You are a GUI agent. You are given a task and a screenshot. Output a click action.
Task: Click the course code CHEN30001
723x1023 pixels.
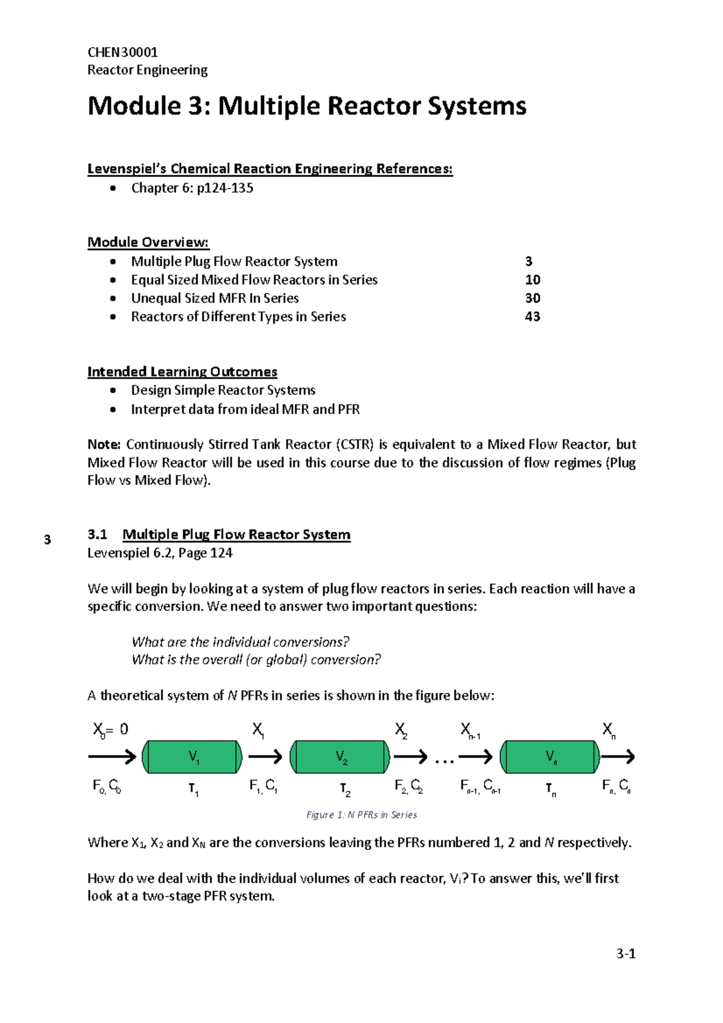(122, 52)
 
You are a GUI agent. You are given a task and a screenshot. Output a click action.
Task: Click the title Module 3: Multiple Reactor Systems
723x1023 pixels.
(307, 106)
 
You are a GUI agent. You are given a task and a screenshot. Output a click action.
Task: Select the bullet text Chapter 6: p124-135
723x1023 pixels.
(192, 188)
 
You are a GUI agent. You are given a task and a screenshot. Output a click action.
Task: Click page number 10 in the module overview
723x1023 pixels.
(532, 280)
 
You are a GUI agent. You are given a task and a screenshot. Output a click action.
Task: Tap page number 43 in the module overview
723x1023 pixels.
(532, 316)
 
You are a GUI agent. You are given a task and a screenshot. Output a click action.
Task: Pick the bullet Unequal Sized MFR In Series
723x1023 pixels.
(214, 298)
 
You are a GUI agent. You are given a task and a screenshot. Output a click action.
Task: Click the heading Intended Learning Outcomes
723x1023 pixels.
(182, 372)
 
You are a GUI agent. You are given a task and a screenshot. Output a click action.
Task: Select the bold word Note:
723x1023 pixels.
(104, 445)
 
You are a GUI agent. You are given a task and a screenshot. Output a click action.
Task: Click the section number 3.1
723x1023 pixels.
(97, 534)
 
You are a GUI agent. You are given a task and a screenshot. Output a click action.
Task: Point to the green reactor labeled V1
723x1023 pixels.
(192, 757)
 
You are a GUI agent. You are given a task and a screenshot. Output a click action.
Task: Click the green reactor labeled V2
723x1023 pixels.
(340, 757)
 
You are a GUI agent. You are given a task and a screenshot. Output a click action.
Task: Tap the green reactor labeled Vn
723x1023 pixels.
(551, 757)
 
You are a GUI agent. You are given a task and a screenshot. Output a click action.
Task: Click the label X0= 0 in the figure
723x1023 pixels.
(110, 730)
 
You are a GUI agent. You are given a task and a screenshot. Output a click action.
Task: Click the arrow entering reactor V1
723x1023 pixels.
(112, 757)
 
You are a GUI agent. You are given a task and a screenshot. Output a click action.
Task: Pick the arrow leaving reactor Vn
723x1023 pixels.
(618, 757)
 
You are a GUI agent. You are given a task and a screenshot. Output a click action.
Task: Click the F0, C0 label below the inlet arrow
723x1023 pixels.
(107, 786)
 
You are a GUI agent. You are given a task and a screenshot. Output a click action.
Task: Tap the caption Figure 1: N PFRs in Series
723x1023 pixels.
(361, 815)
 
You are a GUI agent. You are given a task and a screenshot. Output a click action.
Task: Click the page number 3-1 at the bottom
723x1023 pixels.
(625, 954)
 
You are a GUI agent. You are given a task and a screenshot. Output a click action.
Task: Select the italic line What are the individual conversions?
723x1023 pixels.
(240, 642)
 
